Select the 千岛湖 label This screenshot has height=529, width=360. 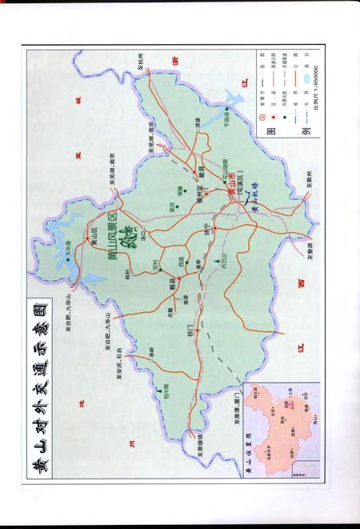(231, 118)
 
